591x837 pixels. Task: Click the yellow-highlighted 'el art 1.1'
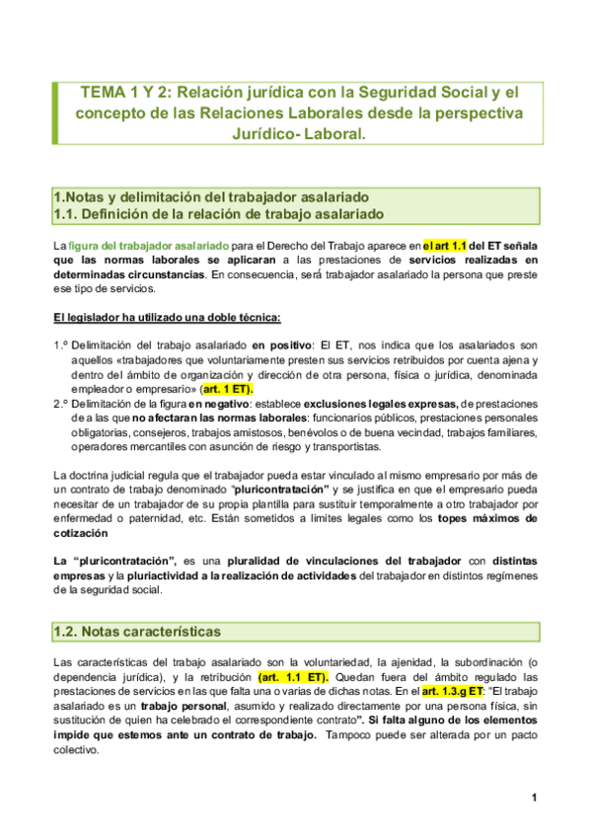[446, 244]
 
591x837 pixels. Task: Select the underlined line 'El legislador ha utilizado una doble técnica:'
[167, 317]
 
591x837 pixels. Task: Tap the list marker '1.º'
[60, 345]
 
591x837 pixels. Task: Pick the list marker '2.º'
[60, 403]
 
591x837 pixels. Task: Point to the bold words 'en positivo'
[279, 345]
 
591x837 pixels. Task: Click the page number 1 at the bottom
[533, 798]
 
